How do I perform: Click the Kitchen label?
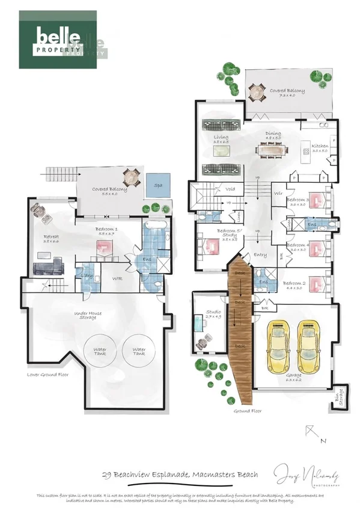319,146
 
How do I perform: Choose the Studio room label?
213,313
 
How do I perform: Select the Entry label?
260,255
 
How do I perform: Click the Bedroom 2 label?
296,283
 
